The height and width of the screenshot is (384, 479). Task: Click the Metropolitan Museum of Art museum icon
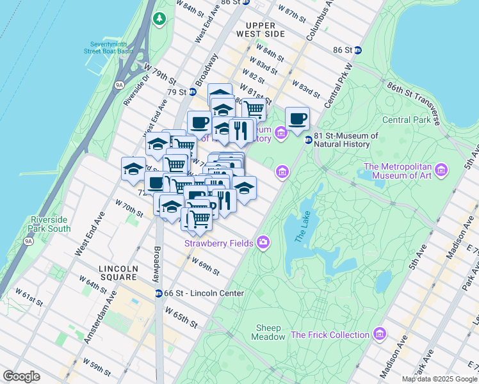440,170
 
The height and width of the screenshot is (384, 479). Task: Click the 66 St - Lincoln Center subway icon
158,293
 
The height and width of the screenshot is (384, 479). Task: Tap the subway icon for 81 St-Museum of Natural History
308,140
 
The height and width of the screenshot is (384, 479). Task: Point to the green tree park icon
159,19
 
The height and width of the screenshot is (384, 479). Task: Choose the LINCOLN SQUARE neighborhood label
118,273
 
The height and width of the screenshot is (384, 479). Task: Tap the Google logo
21,376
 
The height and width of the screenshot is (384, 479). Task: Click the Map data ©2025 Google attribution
439,379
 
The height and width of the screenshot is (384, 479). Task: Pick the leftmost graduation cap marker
133,170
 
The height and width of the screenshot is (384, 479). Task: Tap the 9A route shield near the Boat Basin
119,84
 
